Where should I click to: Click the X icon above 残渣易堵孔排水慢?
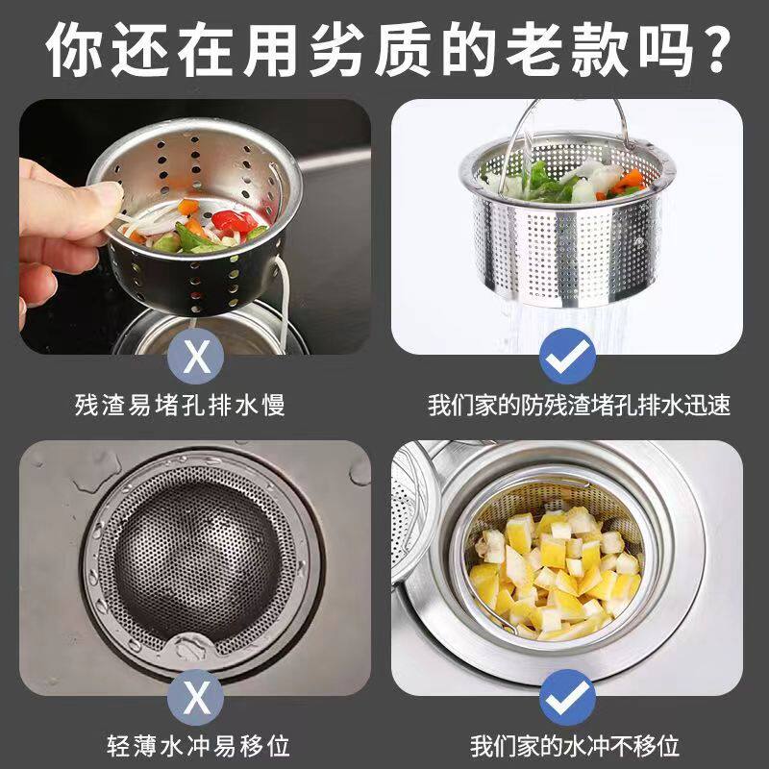pos(197,355)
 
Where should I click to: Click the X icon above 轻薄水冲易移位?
pos(197,695)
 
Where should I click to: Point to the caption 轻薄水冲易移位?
pos(197,745)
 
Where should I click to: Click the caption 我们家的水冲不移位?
pos(575,745)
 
